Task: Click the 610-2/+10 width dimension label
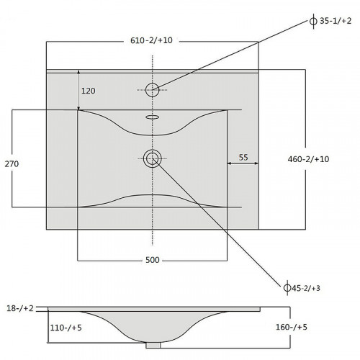[151, 40]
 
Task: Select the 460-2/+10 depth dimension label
[308, 159]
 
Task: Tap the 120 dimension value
[89, 91]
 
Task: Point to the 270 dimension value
[12, 164]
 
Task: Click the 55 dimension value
[243, 158]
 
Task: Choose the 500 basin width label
[153, 260]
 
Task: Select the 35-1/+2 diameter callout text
[336, 21]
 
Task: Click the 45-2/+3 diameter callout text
[306, 288]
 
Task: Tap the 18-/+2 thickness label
[20, 308]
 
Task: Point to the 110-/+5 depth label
[66, 328]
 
